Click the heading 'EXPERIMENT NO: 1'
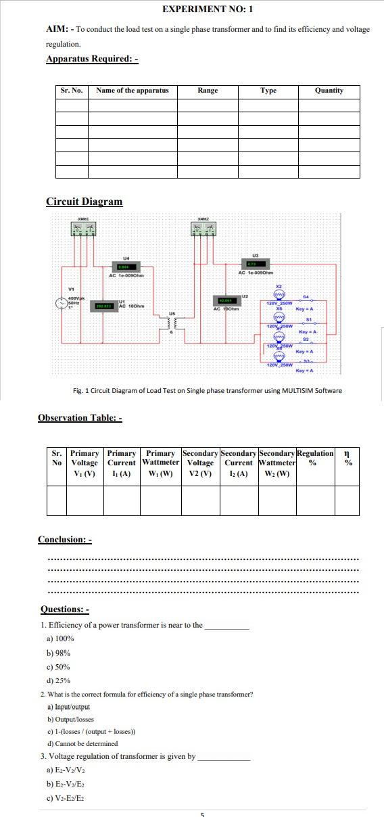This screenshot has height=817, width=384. tap(208, 9)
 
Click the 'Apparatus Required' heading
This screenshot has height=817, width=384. tap(92, 59)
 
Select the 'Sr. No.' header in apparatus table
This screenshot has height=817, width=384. tap(72, 91)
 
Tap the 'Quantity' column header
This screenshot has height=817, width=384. tap(329, 91)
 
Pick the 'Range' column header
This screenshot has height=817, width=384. tap(208, 91)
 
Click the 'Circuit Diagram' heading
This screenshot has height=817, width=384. tap(85, 202)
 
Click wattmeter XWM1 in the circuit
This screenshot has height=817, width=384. tap(83, 229)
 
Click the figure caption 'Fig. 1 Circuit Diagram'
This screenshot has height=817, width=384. tap(207, 390)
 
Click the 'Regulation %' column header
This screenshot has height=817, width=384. tap(315, 458)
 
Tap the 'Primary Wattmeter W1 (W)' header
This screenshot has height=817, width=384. tap(160, 463)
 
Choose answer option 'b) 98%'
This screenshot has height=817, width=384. tap(58, 653)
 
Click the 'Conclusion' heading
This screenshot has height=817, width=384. tap(64, 540)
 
